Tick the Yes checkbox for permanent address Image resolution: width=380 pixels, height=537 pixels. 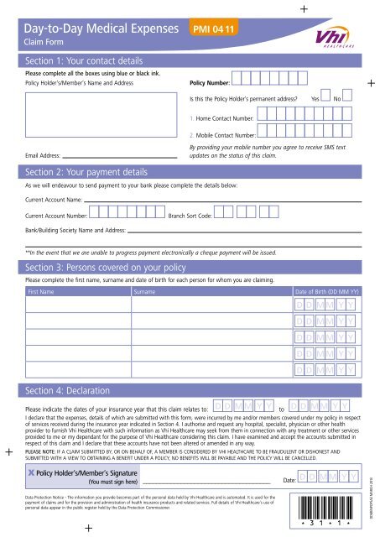(327, 99)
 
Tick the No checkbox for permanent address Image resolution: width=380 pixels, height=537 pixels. (347, 99)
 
